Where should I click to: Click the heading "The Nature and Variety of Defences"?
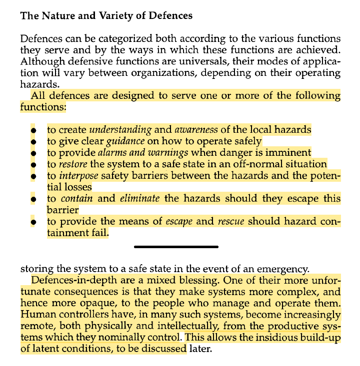[106, 16]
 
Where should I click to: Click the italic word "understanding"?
[120, 130]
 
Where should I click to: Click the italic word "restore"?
[73, 164]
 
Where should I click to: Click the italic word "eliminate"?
[139, 198]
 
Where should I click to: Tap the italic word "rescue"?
[231, 221]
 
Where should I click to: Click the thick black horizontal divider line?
[176, 247]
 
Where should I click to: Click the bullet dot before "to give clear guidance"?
[33, 142]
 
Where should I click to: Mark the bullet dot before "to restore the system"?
[33, 165]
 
